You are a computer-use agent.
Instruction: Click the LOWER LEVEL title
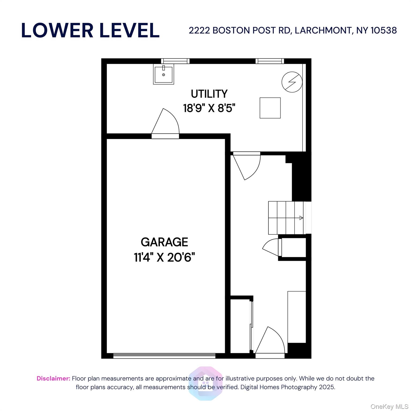90,30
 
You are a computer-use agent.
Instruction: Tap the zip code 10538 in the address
383,31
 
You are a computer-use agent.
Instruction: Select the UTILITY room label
209,94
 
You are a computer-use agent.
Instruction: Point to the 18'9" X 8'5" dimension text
209,108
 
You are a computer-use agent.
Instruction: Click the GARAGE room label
164,242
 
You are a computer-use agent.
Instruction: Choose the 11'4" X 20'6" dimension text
164,258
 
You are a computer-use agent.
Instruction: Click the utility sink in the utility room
163,74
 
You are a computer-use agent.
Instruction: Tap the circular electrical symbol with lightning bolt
292,82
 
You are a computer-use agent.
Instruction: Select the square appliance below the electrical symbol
270,108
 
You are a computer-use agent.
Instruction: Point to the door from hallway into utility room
246,165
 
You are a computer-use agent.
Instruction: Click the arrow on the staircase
301,218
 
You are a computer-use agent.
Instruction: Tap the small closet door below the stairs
272,248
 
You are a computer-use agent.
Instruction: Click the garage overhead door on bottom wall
164,356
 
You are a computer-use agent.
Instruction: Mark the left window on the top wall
175,61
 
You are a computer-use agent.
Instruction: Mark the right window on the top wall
269,61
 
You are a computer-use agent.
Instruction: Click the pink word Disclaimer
53,378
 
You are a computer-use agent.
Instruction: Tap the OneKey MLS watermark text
389,407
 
